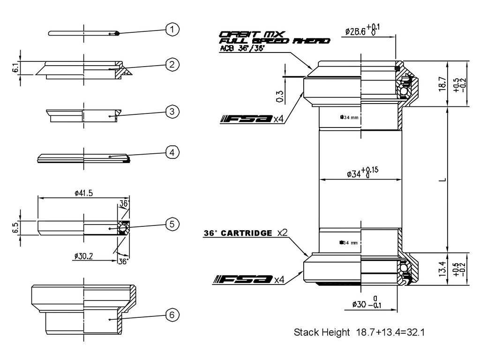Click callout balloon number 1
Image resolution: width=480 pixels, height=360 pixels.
click(172, 30)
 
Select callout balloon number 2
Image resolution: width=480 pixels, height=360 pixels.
click(172, 64)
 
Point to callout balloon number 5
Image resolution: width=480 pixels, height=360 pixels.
click(172, 225)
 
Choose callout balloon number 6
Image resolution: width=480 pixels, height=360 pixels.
click(172, 315)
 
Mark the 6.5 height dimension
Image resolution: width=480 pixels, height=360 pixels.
click(16, 227)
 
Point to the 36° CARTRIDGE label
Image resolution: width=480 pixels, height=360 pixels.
click(238, 233)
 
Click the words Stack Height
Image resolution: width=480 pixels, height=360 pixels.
click(322, 332)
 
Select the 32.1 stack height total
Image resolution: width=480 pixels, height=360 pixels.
click(416, 332)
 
